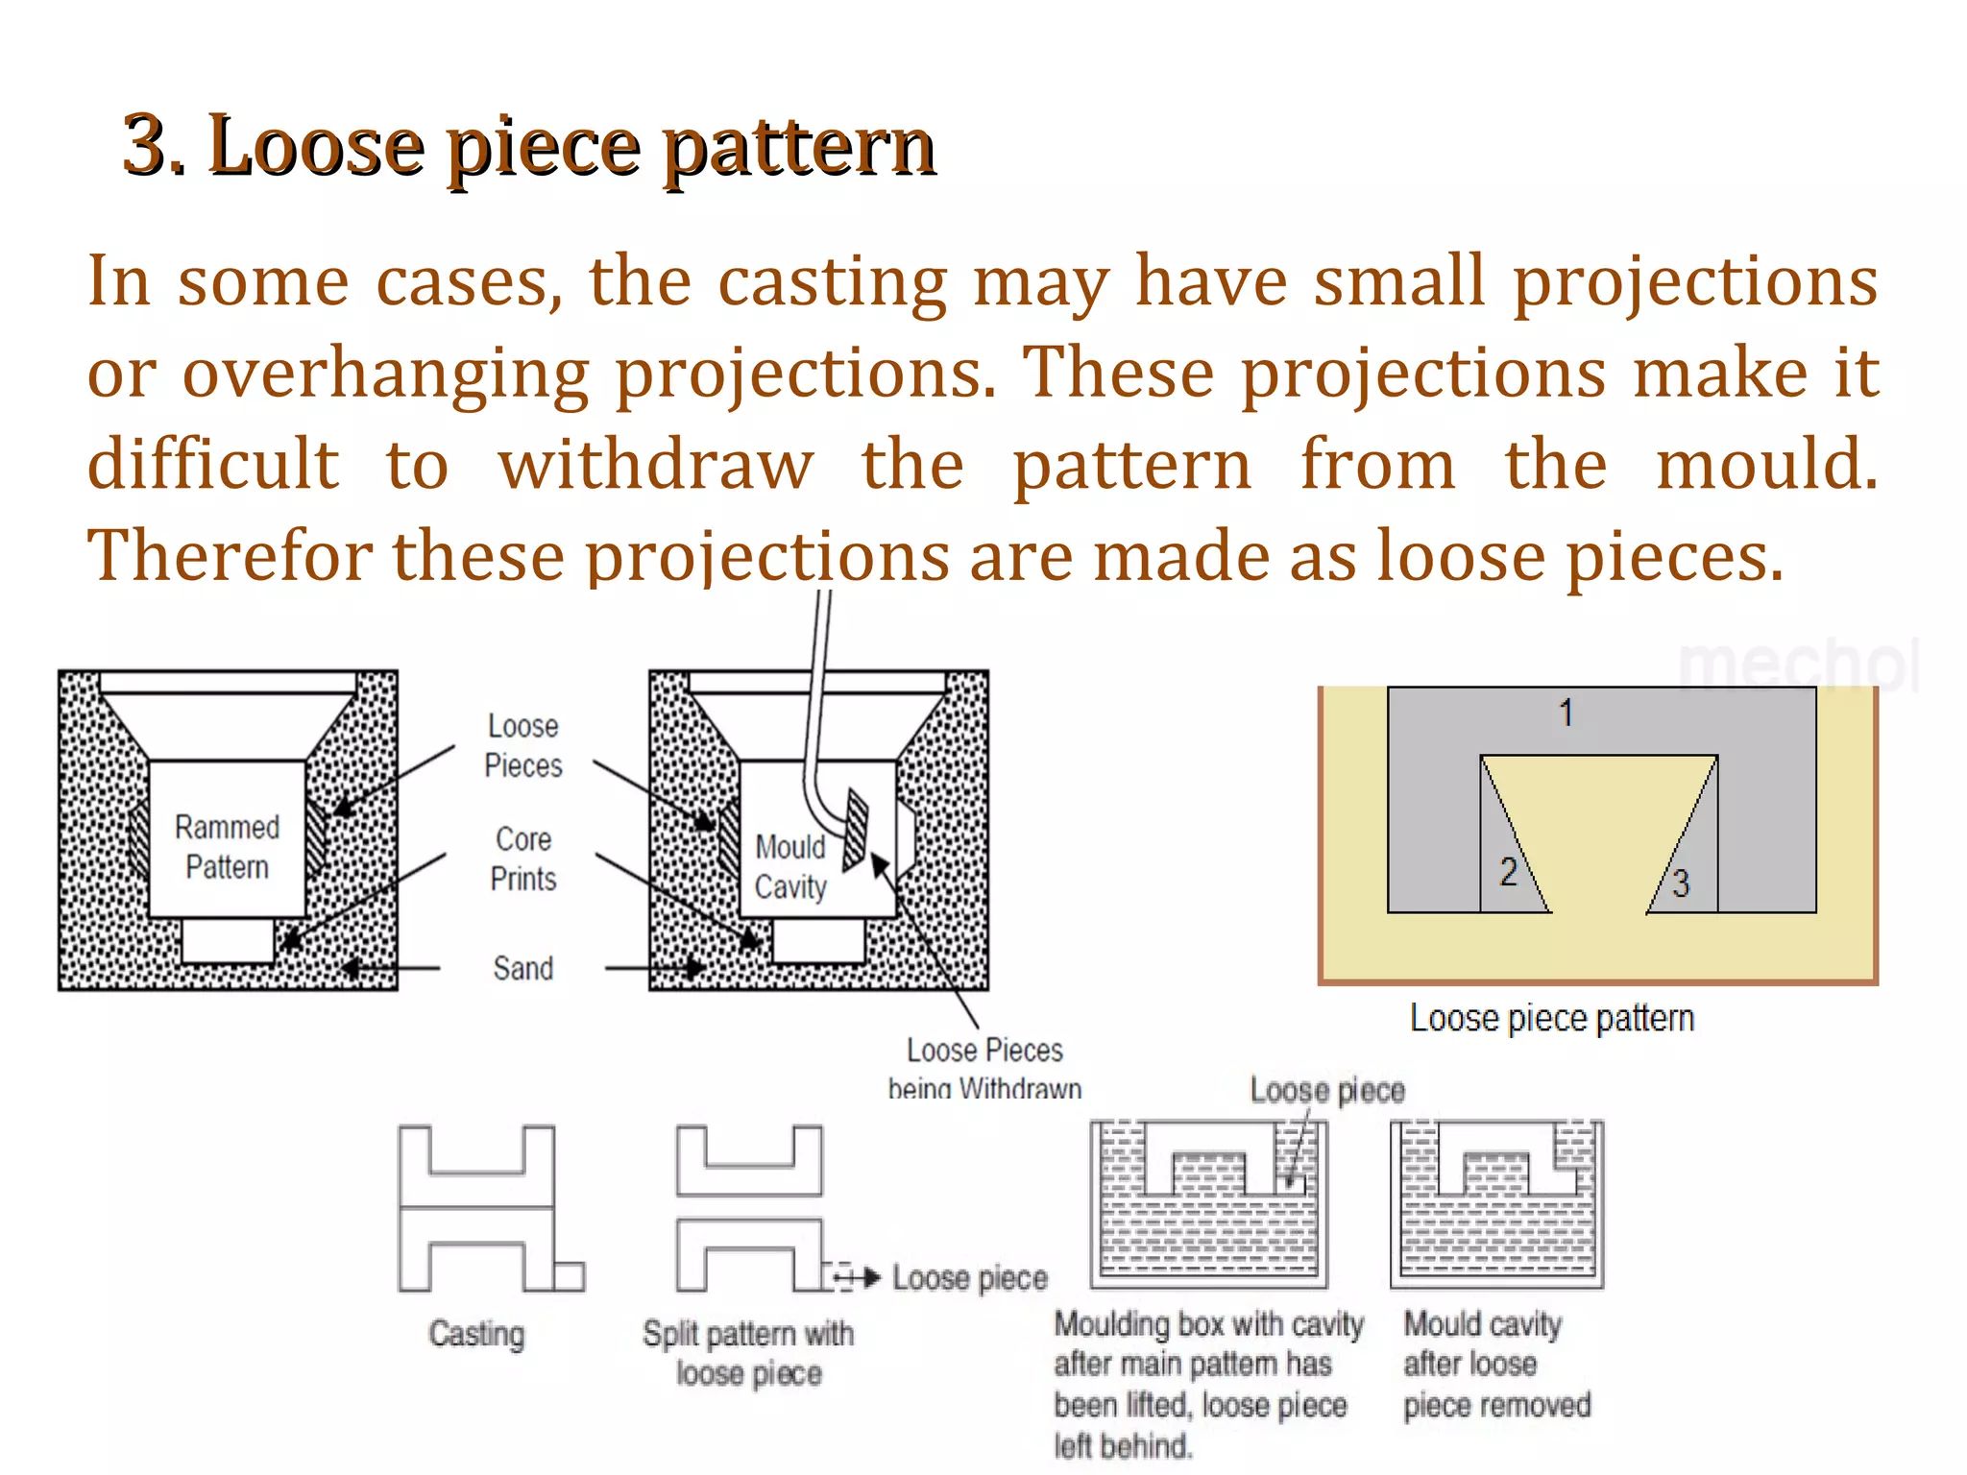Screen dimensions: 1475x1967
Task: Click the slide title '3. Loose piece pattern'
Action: point(528,146)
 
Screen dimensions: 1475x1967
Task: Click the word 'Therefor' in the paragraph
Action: point(229,557)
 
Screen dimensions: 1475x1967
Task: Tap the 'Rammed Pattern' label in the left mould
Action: point(227,847)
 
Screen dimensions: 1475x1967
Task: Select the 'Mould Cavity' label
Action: point(789,867)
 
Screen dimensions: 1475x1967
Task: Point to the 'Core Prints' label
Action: point(522,858)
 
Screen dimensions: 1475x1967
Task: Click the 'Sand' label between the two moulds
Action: point(522,968)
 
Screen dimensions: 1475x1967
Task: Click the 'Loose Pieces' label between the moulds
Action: point(522,745)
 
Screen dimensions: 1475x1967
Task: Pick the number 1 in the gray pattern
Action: point(1566,713)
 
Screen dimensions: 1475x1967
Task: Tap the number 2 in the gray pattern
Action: point(1508,872)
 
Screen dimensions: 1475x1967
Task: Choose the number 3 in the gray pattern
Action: point(1680,883)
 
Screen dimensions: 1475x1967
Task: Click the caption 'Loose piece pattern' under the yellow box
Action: point(1551,1018)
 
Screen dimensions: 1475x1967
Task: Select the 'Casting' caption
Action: point(476,1334)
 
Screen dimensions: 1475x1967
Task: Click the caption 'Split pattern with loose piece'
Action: point(748,1353)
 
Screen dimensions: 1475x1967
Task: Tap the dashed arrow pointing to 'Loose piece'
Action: point(856,1277)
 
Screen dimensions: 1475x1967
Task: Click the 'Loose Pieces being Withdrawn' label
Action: point(984,1068)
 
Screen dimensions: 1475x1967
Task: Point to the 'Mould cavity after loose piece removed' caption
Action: point(1496,1365)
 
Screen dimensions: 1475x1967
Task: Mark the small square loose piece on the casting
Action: point(569,1276)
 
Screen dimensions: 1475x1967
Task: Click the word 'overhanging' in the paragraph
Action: point(385,374)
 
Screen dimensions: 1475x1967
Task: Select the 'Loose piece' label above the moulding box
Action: point(1326,1091)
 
